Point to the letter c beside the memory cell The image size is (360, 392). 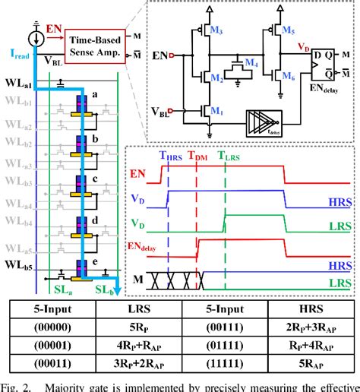93,172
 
